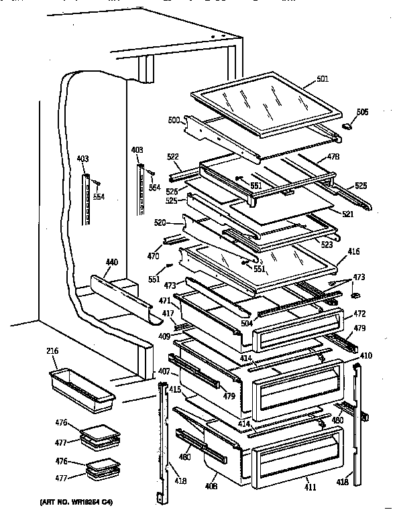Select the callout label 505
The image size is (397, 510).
click(362, 112)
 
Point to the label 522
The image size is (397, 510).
click(174, 156)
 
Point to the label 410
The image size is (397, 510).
click(366, 355)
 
